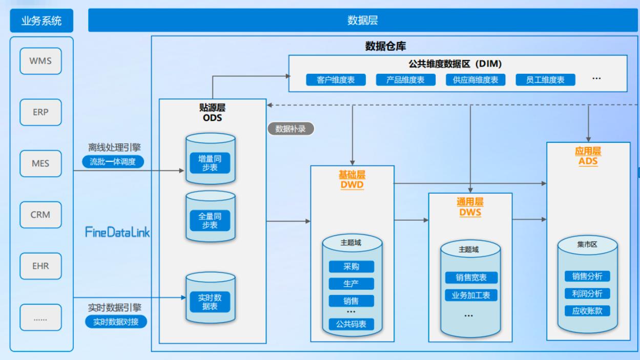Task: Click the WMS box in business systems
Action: (x=40, y=61)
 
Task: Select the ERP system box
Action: (x=40, y=112)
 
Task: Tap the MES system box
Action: (x=40, y=163)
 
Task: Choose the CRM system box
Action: (x=40, y=215)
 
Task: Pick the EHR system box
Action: (x=40, y=266)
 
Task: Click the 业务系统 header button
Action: (x=41, y=21)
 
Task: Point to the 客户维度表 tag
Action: (x=336, y=80)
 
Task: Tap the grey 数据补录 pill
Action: (x=291, y=129)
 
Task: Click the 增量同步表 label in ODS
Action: (x=210, y=162)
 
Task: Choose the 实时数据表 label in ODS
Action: (x=210, y=301)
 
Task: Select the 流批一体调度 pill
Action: (x=115, y=162)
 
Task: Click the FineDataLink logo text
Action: (x=117, y=231)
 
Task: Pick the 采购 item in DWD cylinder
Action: (x=351, y=267)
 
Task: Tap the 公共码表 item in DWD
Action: (x=351, y=324)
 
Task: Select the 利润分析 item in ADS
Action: (x=587, y=293)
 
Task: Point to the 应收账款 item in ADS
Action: (x=587, y=310)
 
